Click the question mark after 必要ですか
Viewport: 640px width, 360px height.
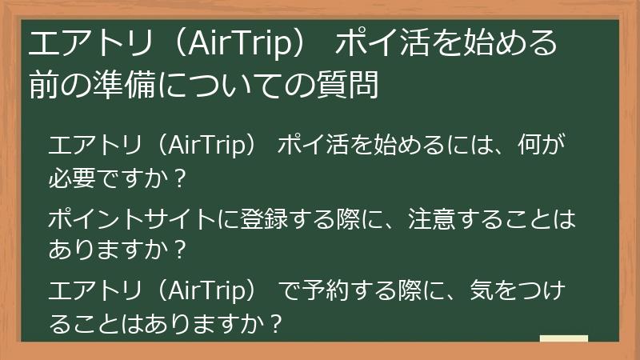coord(179,178)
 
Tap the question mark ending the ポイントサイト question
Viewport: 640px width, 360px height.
coord(179,250)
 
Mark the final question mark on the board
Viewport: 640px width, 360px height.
coord(277,323)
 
